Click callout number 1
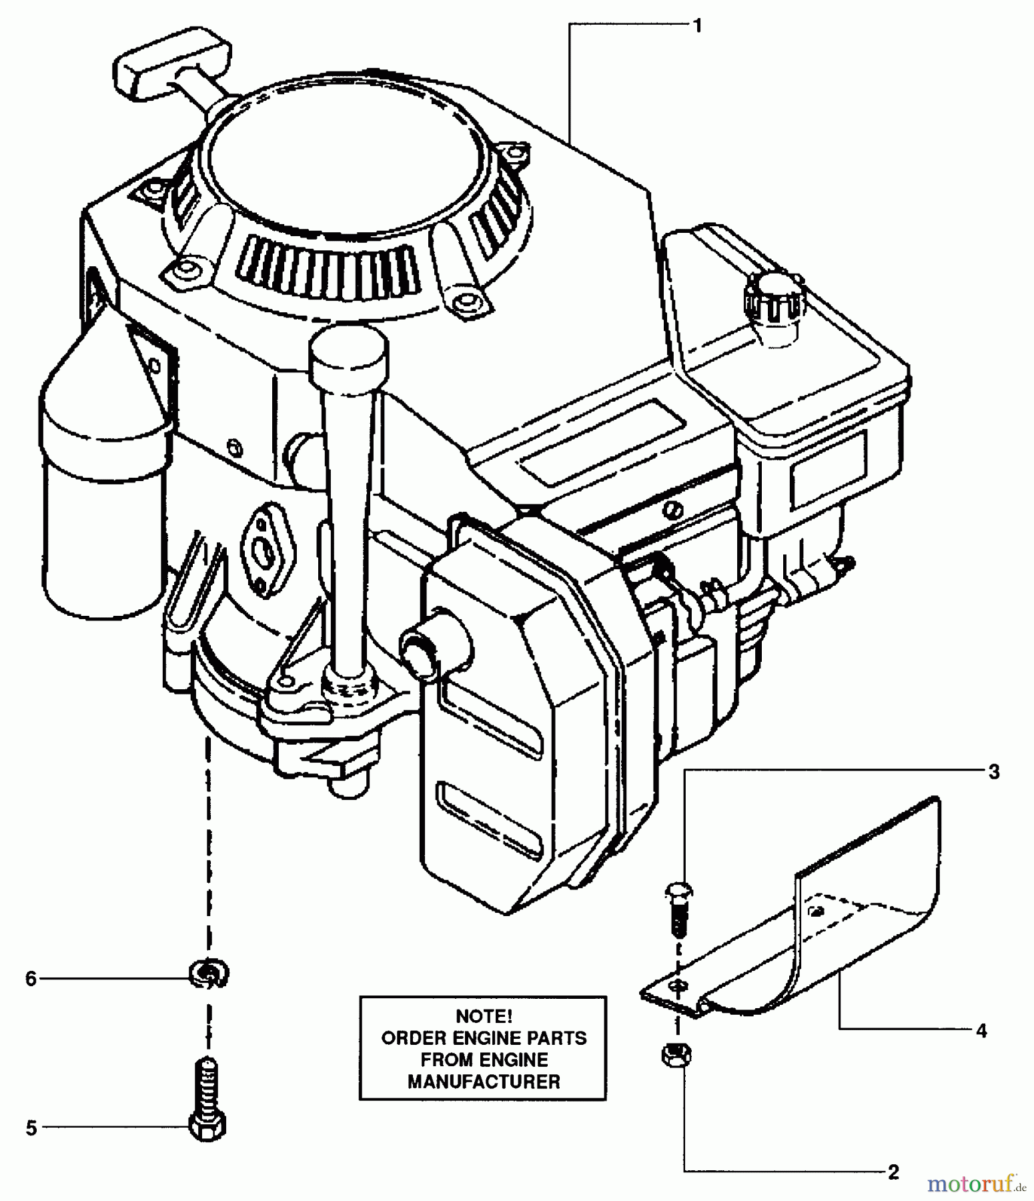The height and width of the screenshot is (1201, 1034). pyautogui.click(x=697, y=26)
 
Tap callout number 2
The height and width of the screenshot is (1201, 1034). pyautogui.click(x=893, y=1171)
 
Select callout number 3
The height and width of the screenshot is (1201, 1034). pyautogui.click(x=993, y=772)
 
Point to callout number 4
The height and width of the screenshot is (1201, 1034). pyautogui.click(x=981, y=1031)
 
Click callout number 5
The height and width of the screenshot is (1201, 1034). pyautogui.click(x=31, y=1128)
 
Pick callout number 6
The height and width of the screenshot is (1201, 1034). pyautogui.click(x=31, y=979)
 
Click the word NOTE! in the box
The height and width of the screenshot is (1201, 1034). pyautogui.click(x=484, y=1016)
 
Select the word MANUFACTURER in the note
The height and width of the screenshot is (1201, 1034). pyautogui.click(x=484, y=1082)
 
